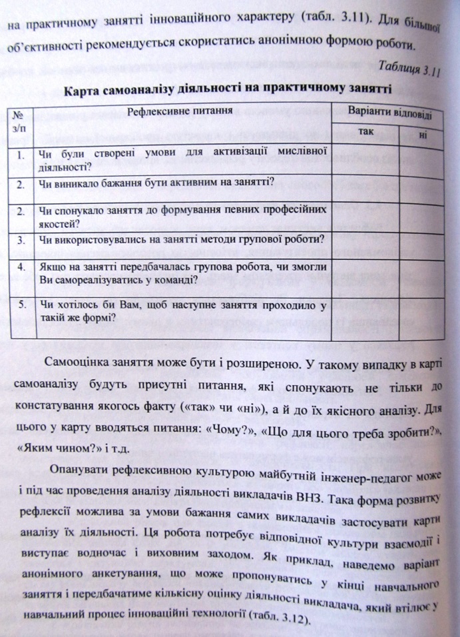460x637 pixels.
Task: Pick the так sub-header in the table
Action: (366, 132)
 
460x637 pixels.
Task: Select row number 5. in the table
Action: (22, 305)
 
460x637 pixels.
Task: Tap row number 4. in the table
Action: (22, 267)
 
